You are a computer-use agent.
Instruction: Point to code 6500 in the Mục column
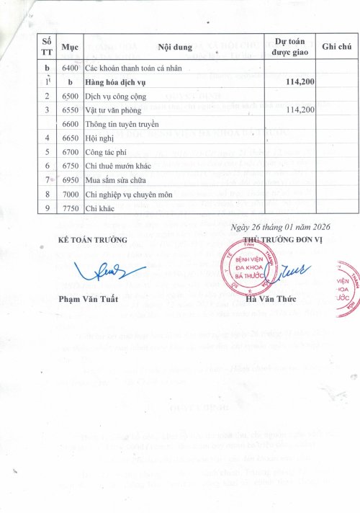click(70, 95)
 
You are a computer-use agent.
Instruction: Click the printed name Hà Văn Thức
click(269, 299)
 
